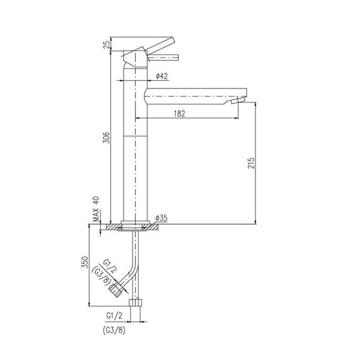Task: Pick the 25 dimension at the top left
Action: [x=105, y=45]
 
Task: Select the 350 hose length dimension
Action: [x=85, y=265]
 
